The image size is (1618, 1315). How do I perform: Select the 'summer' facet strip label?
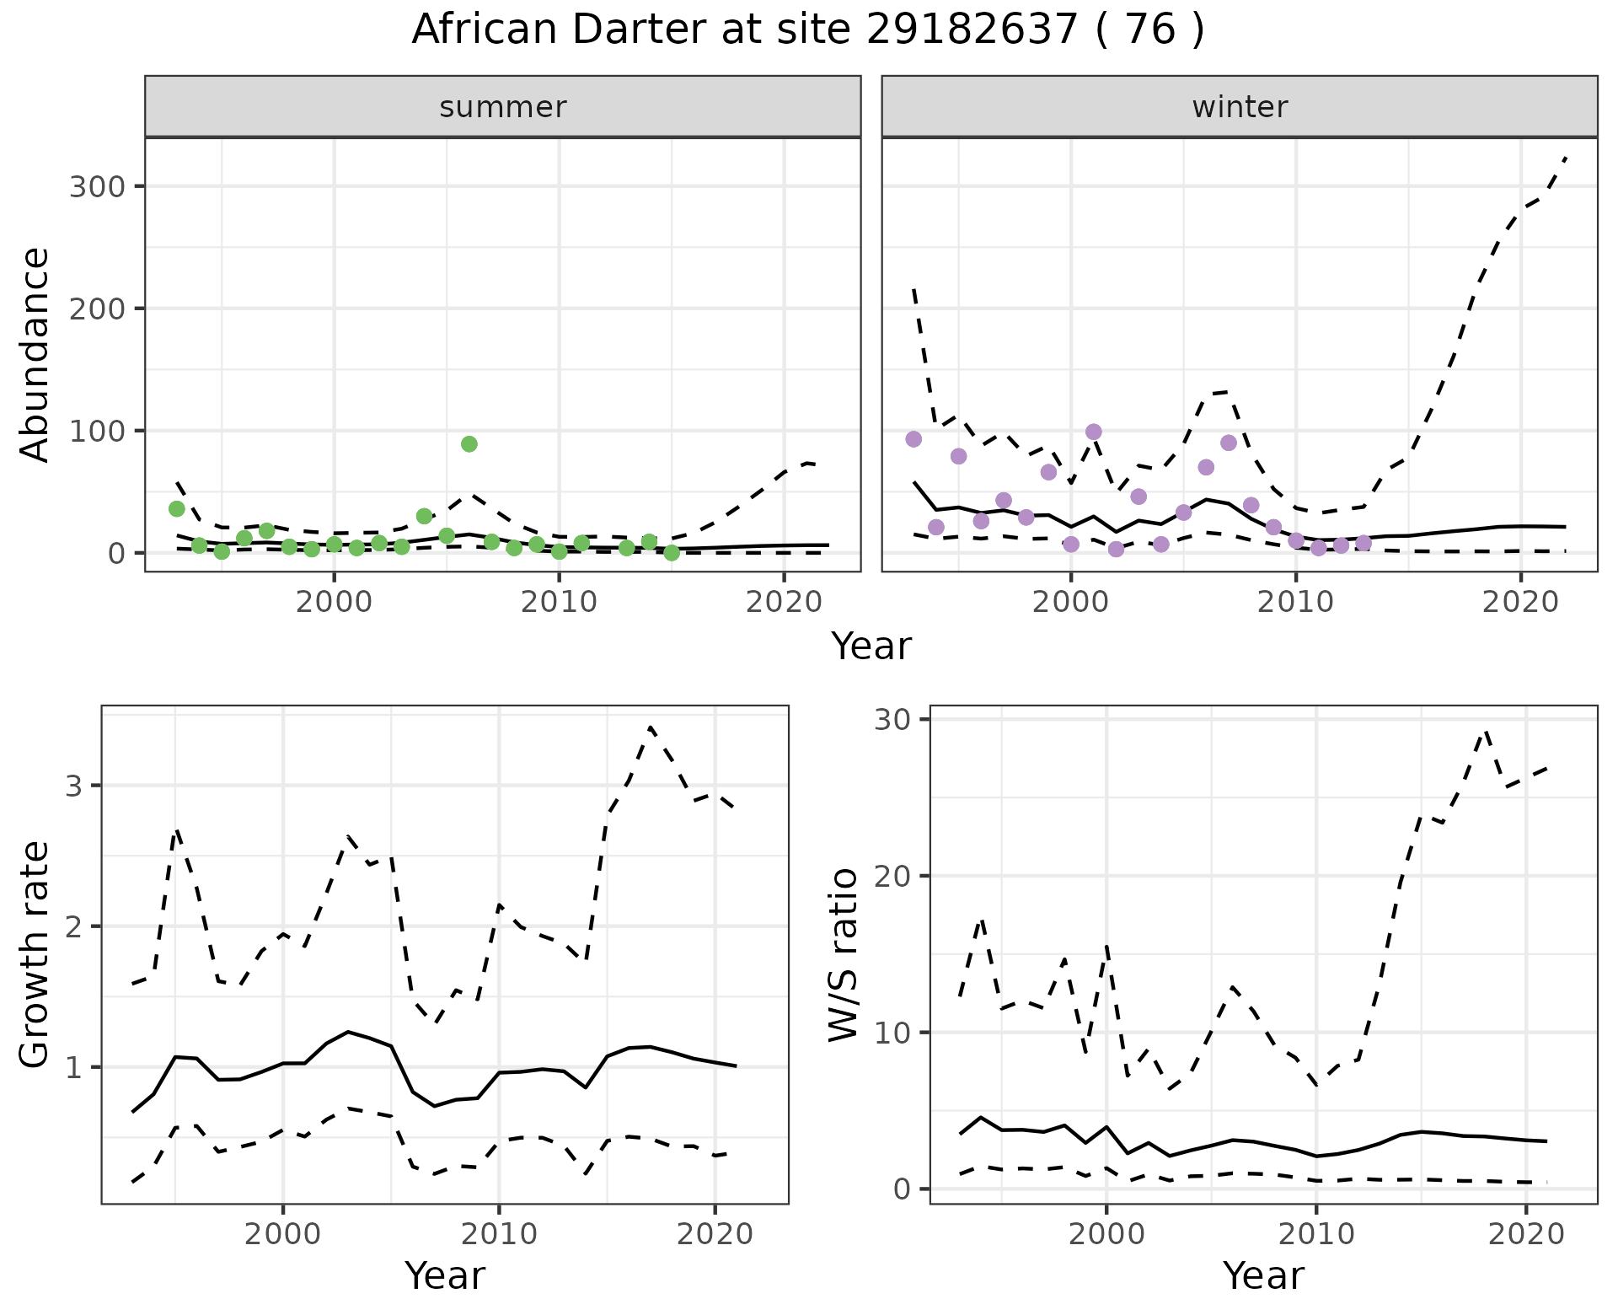503,107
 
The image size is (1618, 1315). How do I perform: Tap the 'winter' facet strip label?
1240,107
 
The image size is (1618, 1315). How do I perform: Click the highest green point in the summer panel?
469,444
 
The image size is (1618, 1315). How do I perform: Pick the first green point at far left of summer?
177,508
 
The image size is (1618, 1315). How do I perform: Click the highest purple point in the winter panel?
1094,432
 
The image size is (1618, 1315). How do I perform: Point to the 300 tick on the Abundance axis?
96,186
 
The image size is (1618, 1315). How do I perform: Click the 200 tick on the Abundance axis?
96,309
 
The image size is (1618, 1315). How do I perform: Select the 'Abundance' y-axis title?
35,354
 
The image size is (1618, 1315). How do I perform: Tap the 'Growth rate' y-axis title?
35,954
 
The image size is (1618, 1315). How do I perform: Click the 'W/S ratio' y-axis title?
844,954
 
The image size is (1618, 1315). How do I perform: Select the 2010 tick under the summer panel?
559,602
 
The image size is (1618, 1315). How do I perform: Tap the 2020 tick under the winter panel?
1520,602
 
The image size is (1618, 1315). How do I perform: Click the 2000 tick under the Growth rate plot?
283,1234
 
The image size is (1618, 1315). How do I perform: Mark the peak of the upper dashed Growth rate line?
651,727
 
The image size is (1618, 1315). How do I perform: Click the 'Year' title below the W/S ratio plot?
1263,1275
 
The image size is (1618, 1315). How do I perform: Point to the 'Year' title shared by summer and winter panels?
871,647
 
